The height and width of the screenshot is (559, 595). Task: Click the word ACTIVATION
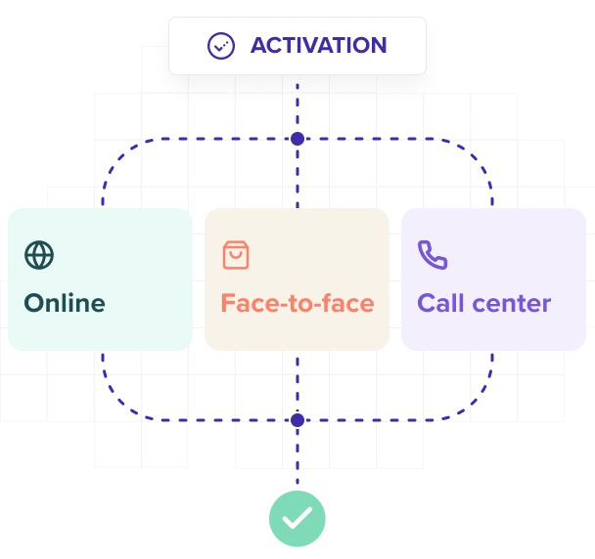[318, 45]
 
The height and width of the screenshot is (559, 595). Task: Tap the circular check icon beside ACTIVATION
[221, 46]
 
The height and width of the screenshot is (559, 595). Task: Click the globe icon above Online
[39, 255]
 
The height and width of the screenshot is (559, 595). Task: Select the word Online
[65, 303]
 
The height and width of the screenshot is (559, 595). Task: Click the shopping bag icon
[236, 255]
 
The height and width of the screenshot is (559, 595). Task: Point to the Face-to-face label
[297, 303]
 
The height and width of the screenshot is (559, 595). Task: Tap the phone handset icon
[432, 255]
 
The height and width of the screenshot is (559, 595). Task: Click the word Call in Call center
[442, 303]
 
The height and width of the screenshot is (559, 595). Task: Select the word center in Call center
[514, 303]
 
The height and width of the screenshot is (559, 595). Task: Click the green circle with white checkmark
[297, 517]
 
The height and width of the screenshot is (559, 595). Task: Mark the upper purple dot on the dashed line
[297, 139]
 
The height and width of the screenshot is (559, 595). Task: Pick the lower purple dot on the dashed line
[297, 420]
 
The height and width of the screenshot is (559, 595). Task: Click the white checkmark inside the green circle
[297, 518]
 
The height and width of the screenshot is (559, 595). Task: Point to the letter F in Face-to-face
[228, 303]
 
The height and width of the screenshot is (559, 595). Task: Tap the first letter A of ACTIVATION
[259, 45]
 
